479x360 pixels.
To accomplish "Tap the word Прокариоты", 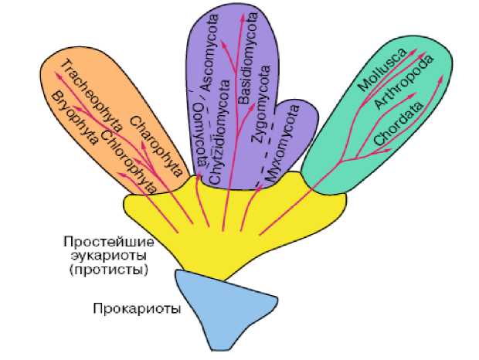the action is click(x=136, y=309).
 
